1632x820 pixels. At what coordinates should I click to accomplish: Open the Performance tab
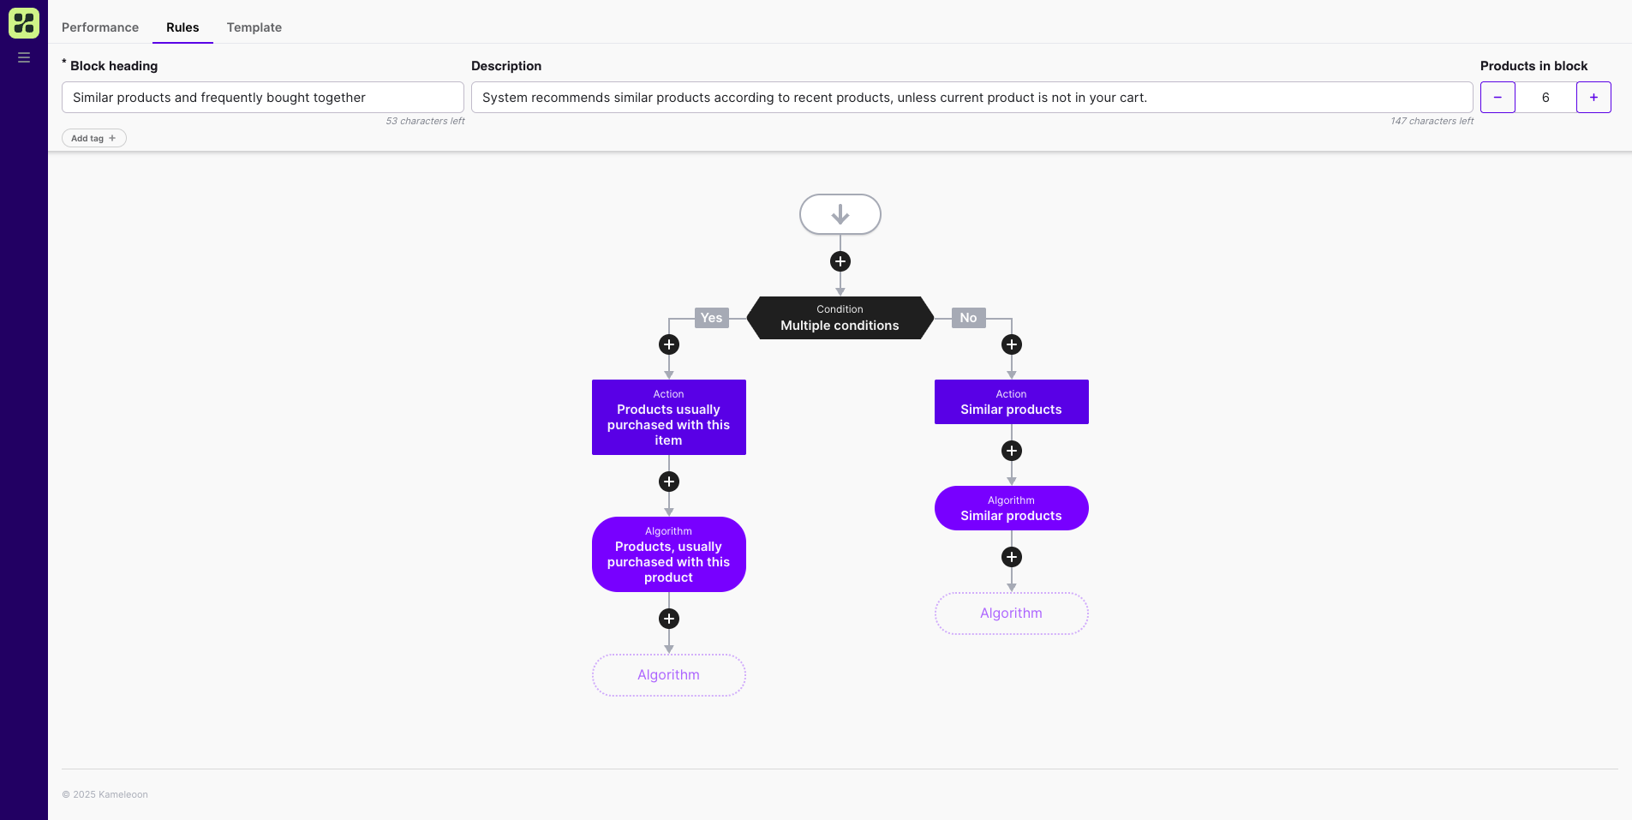(100, 27)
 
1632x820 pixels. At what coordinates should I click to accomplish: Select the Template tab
(254, 27)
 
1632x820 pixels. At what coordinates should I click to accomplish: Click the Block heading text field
(262, 98)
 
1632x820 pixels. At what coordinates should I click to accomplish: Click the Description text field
(971, 98)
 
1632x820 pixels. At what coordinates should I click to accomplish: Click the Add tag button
(93, 138)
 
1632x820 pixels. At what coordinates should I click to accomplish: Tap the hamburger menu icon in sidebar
(24, 57)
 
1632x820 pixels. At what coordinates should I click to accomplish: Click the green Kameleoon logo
(24, 23)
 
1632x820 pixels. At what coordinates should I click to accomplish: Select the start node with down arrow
(840, 214)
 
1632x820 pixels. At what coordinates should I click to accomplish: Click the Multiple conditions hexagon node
(840, 318)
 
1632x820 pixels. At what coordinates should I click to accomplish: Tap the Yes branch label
(711, 318)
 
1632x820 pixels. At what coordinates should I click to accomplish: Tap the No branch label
(968, 318)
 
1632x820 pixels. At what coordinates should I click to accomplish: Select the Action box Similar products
(1011, 402)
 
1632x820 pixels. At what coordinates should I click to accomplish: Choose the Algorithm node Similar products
(1011, 508)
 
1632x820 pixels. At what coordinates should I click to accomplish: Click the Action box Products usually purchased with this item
(668, 417)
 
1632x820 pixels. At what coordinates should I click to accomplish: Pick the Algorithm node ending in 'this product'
(668, 554)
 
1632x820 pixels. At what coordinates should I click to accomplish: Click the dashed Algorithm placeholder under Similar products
(1011, 614)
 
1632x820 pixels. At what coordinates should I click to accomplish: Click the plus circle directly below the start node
(840, 261)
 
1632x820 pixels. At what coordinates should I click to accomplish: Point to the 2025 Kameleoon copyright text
(105, 794)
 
